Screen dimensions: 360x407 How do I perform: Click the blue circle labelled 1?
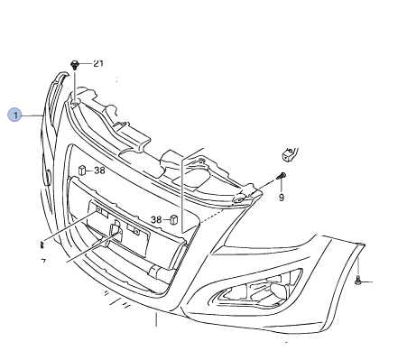coord(14,115)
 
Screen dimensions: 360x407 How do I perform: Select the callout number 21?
coord(98,63)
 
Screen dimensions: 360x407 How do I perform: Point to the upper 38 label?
coord(99,169)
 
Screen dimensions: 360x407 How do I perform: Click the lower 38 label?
coord(156,219)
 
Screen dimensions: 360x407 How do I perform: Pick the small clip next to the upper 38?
coord(81,169)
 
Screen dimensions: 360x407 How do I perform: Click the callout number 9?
coord(281,196)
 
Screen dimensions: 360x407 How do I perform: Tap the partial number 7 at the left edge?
coord(42,261)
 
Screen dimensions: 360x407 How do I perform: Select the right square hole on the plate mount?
coord(137,230)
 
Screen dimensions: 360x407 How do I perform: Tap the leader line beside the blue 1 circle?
coord(32,115)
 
